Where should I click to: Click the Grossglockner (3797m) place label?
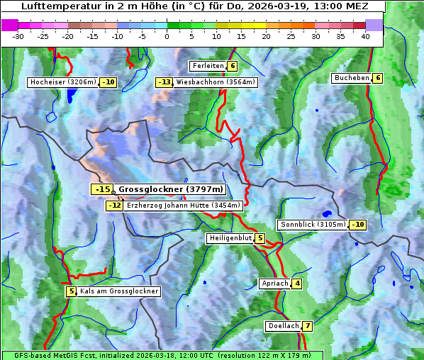point(170,189)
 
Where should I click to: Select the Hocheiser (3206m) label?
point(63,82)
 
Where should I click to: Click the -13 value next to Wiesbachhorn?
point(164,82)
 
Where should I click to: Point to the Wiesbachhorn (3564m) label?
point(216,82)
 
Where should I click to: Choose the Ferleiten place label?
point(208,66)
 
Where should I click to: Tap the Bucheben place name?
point(352,77)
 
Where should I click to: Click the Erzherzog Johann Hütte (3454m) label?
point(184,206)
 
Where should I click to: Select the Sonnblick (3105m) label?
point(313,225)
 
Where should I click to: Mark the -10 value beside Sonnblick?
point(358,225)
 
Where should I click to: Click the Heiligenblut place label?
point(230,238)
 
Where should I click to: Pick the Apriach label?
point(274,283)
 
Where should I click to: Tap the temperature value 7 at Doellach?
point(307,326)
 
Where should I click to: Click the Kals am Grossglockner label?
point(118,291)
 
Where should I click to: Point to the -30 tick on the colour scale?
point(18,36)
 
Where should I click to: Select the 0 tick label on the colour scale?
point(167,36)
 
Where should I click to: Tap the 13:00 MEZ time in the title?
point(345,6)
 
